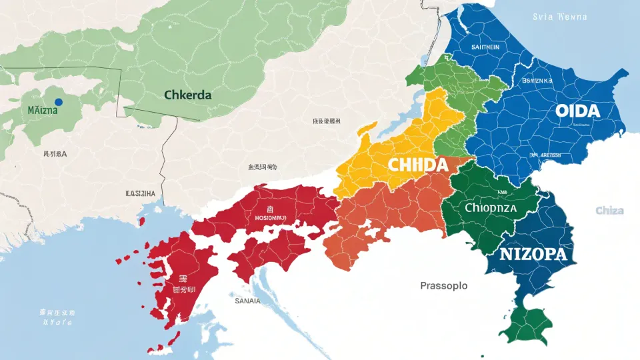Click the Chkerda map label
[x=187, y=95]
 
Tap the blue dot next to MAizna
[x=58, y=102]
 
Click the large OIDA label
[x=577, y=111]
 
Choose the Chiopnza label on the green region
[x=490, y=207]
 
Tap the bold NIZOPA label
[x=532, y=254]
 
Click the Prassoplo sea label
[x=443, y=285]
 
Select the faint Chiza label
[x=609, y=211]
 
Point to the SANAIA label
[x=248, y=301]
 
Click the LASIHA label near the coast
[x=140, y=193]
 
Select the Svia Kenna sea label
[x=560, y=17]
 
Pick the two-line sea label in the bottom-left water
[x=57, y=317]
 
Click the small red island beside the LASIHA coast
[x=141, y=220]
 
